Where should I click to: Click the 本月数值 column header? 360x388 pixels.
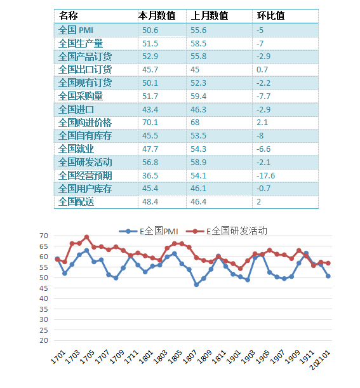tap(157, 16)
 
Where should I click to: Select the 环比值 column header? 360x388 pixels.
tap(270, 16)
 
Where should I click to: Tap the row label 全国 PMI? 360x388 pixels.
tap(76, 30)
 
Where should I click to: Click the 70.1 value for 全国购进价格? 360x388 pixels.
tap(150, 123)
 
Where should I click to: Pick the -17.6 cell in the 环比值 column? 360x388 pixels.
tap(265, 176)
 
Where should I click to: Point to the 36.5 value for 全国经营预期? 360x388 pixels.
tap(150, 176)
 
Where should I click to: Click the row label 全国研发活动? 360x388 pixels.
tap(85, 163)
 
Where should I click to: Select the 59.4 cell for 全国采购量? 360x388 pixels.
tap(198, 97)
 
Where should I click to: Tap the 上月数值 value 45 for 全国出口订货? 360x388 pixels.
tap(195, 70)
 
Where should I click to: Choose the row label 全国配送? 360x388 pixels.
tap(76, 202)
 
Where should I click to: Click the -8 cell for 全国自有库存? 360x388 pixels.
tap(260, 136)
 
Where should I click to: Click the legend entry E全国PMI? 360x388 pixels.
tap(149, 231)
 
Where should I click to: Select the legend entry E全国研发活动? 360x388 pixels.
tap(227, 231)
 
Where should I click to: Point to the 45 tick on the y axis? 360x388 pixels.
tap(44, 288)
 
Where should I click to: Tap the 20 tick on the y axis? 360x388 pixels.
tap(44, 340)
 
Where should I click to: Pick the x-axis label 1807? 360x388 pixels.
tap(190, 357)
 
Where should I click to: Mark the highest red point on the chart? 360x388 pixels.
tap(86, 237)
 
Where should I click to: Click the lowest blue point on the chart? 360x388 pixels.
tap(196, 285)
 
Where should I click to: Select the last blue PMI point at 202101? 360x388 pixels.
tap(328, 276)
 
